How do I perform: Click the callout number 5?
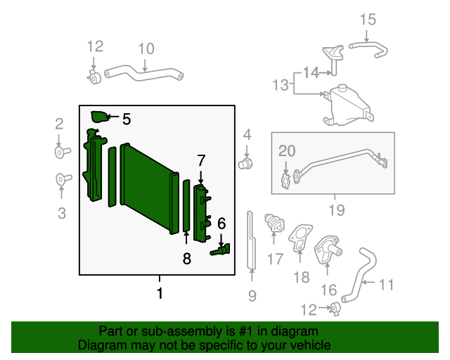tap(127, 119)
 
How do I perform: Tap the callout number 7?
tap(201, 160)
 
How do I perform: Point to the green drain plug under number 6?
tap(220, 250)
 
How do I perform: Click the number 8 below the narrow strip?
tap(187, 258)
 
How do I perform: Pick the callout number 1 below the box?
tap(160, 293)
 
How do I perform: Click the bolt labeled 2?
tap(63, 152)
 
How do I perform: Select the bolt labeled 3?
tap(63, 180)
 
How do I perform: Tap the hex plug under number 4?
tap(245, 165)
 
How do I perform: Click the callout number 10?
tap(146, 49)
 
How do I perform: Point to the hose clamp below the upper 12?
tap(94, 77)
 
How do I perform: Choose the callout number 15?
tap(368, 20)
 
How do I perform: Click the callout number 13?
tap(281, 85)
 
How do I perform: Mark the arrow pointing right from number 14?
tap(325, 73)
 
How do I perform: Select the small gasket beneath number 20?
tap(286, 181)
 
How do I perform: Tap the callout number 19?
tap(337, 210)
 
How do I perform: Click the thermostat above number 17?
tap(274, 224)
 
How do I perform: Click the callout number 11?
tap(386, 285)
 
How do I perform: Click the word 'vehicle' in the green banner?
tap(312, 345)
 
